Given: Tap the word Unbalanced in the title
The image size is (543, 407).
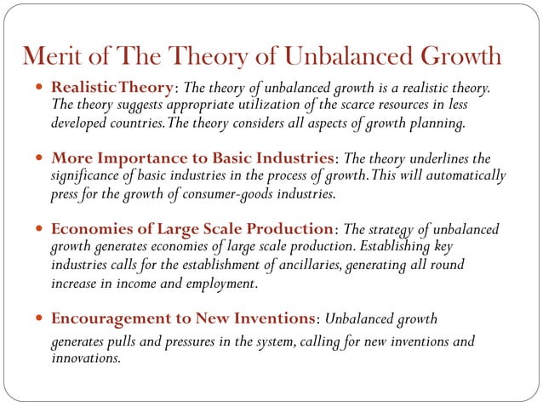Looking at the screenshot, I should tap(351, 57).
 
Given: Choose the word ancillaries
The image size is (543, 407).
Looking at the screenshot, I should tap(302, 265).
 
